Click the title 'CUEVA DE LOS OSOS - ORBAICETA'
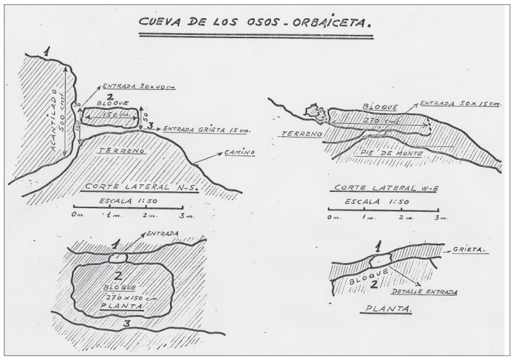[x=255, y=24]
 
